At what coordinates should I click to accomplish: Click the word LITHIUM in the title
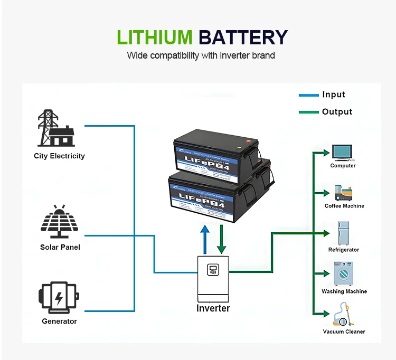154,37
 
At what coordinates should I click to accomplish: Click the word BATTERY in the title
243,37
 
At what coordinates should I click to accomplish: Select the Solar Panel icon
60,222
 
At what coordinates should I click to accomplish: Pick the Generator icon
59,297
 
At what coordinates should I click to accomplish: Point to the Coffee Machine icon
344,193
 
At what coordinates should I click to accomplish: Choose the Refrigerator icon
344,233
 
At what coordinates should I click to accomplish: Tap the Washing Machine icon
343,273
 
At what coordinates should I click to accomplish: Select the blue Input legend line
308,95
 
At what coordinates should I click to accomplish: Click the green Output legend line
308,112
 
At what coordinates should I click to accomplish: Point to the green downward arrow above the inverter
222,239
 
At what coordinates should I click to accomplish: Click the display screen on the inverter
213,270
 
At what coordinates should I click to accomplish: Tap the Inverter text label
213,308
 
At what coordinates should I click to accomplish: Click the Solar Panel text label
60,247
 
